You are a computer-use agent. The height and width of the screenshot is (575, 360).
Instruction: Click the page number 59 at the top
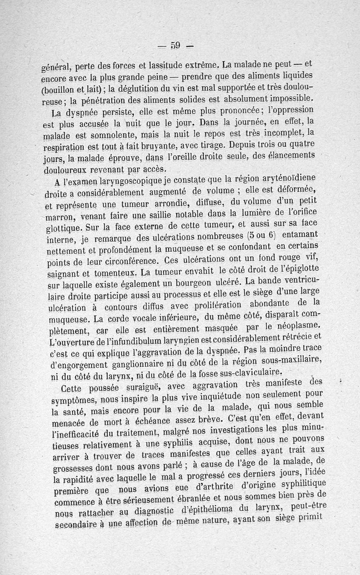click(x=175, y=45)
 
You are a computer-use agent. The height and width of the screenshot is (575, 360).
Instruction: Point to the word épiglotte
click(x=297, y=270)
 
